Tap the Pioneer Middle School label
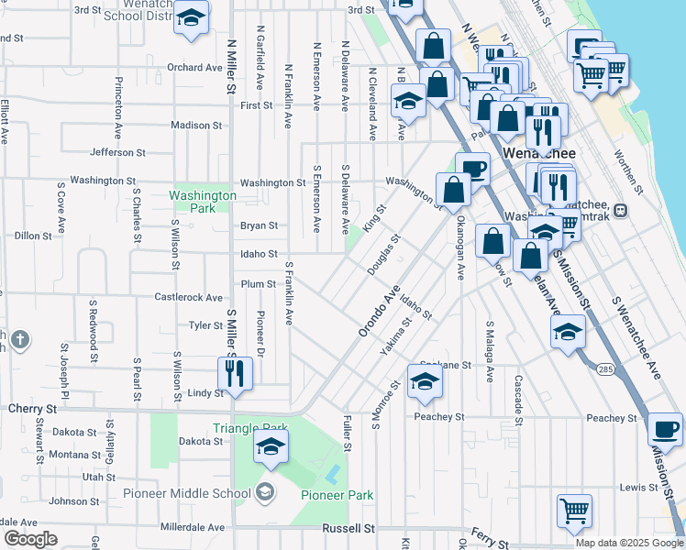(x=187, y=494)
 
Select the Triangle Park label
(x=249, y=428)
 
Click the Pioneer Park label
(x=337, y=495)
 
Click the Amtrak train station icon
(x=621, y=209)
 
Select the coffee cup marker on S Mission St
(x=665, y=429)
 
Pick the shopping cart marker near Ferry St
(x=574, y=510)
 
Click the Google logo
(x=31, y=539)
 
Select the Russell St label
(x=349, y=529)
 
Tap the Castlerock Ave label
(x=188, y=298)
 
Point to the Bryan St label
(x=259, y=225)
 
